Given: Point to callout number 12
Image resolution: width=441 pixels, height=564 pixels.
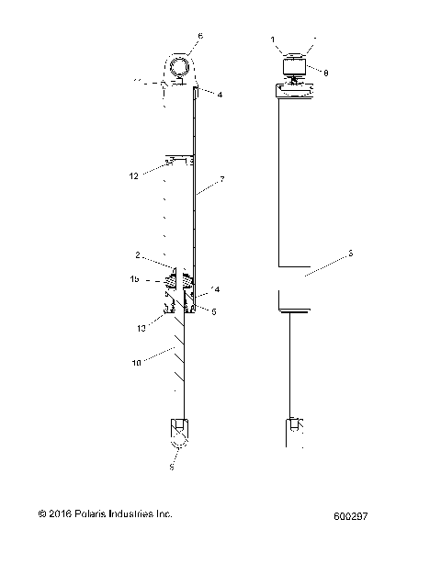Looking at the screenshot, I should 133,175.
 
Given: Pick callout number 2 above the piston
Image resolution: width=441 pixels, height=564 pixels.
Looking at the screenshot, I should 137,256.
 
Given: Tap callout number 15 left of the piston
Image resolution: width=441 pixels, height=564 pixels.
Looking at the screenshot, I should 134,279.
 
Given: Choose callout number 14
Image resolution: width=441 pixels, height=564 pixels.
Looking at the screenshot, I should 215,289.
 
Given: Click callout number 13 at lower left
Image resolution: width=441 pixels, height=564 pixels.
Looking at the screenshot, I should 143,327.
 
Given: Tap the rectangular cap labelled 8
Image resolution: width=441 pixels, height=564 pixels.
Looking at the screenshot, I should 296,66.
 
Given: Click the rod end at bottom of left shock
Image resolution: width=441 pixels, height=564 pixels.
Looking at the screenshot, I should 180,431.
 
